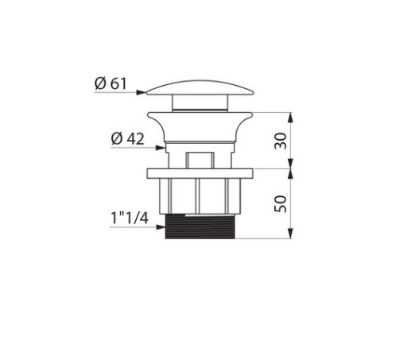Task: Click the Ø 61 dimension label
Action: click(111, 83)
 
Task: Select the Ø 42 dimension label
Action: click(127, 139)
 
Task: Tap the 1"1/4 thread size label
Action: click(130, 219)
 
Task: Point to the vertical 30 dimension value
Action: click(281, 141)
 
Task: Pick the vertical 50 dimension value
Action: click(281, 204)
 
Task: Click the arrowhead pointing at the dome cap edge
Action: click(142, 92)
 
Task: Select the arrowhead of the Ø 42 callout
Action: click(161, 148)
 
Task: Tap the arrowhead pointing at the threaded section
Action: click(161, 227)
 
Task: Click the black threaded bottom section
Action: click(200, 226)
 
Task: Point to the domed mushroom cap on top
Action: click(200, 88)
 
